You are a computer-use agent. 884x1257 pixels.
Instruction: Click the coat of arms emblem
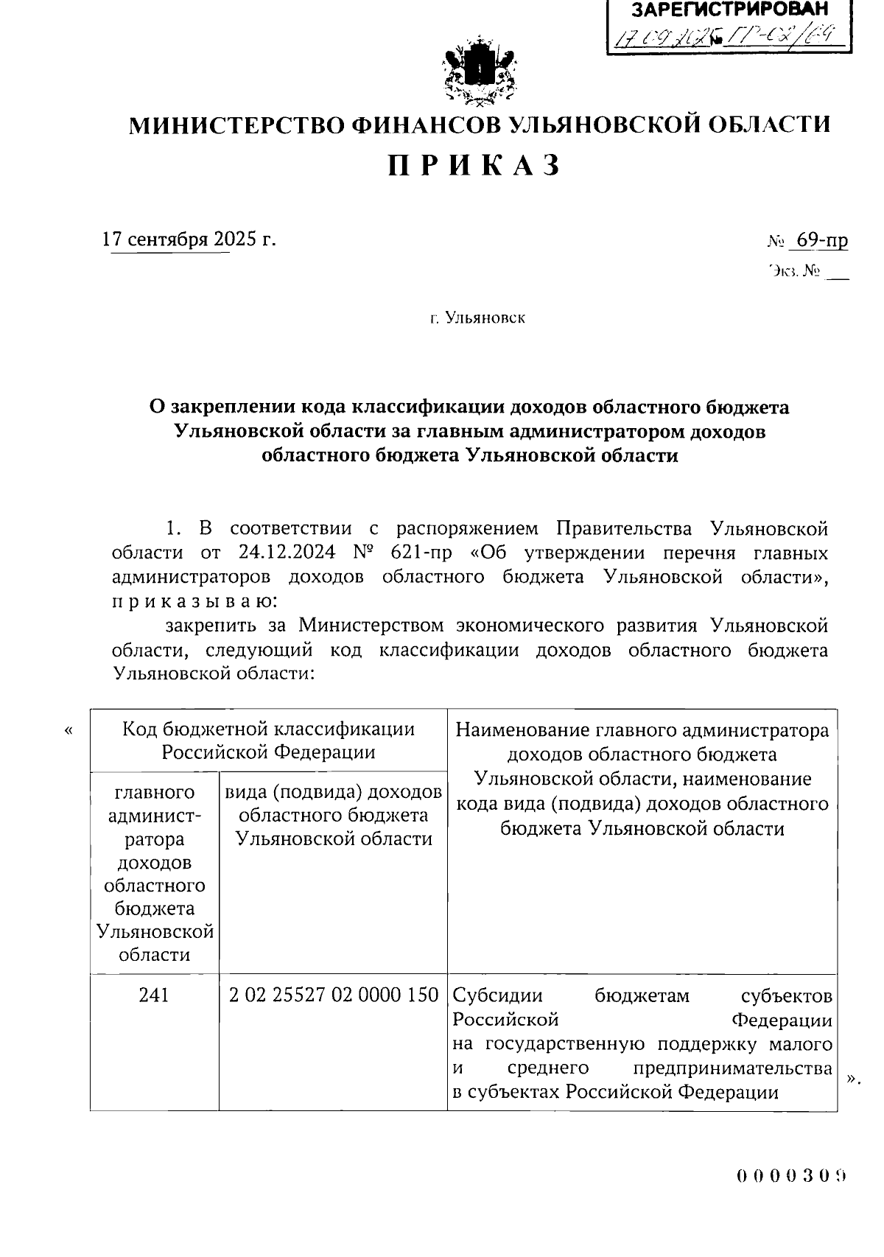pyautogui.click(x=479, y=74)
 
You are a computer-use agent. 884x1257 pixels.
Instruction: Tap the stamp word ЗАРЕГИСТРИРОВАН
pyautogui.click(x=729, y=10)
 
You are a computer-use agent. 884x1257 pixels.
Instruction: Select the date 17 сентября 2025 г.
pyautogui.click(x=189, y=239)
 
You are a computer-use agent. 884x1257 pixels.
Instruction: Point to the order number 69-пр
pyautogui.click(x=818, y=240)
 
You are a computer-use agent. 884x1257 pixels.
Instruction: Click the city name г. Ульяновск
pyautogui.click(x=479, y=318)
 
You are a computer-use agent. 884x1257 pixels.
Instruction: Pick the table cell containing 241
pyautogui.click(x=154, y=995)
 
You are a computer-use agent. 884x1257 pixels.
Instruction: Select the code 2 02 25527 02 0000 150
pyautogui.click(x=334, y=995)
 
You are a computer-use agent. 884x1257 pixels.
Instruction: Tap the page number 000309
pyautogui.click(x=790, y=1175)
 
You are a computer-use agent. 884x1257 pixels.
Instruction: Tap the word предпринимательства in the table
pyautogui.click(x=732, y=1068)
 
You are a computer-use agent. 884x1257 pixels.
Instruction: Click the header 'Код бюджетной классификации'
pyautogui.click(x=268, y=729)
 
